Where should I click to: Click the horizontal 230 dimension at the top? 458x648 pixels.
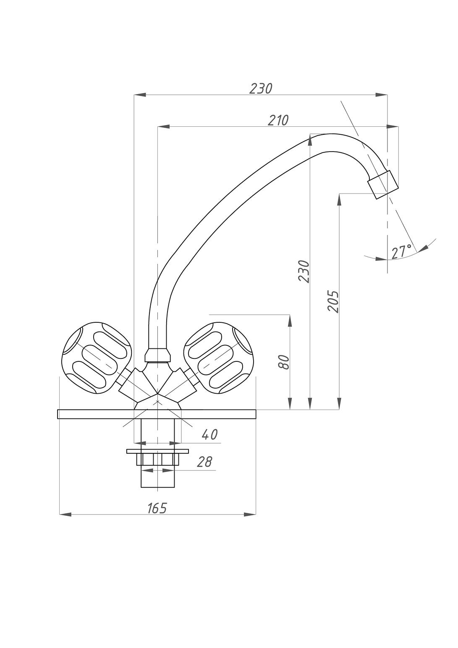261,89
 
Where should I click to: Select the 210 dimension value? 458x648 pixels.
278,120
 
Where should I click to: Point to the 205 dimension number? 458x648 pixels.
333,301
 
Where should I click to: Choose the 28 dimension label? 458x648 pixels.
204,462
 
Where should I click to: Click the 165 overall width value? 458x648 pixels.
157,508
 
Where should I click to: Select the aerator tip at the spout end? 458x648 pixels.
382,185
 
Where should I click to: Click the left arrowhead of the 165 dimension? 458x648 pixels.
65,515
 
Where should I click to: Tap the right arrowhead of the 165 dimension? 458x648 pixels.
250,515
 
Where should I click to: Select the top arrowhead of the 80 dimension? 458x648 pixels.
290,321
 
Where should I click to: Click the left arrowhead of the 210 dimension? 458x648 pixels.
163,126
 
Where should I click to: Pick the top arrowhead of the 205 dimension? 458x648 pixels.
339,200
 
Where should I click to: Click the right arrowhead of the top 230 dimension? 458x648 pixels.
381,94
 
